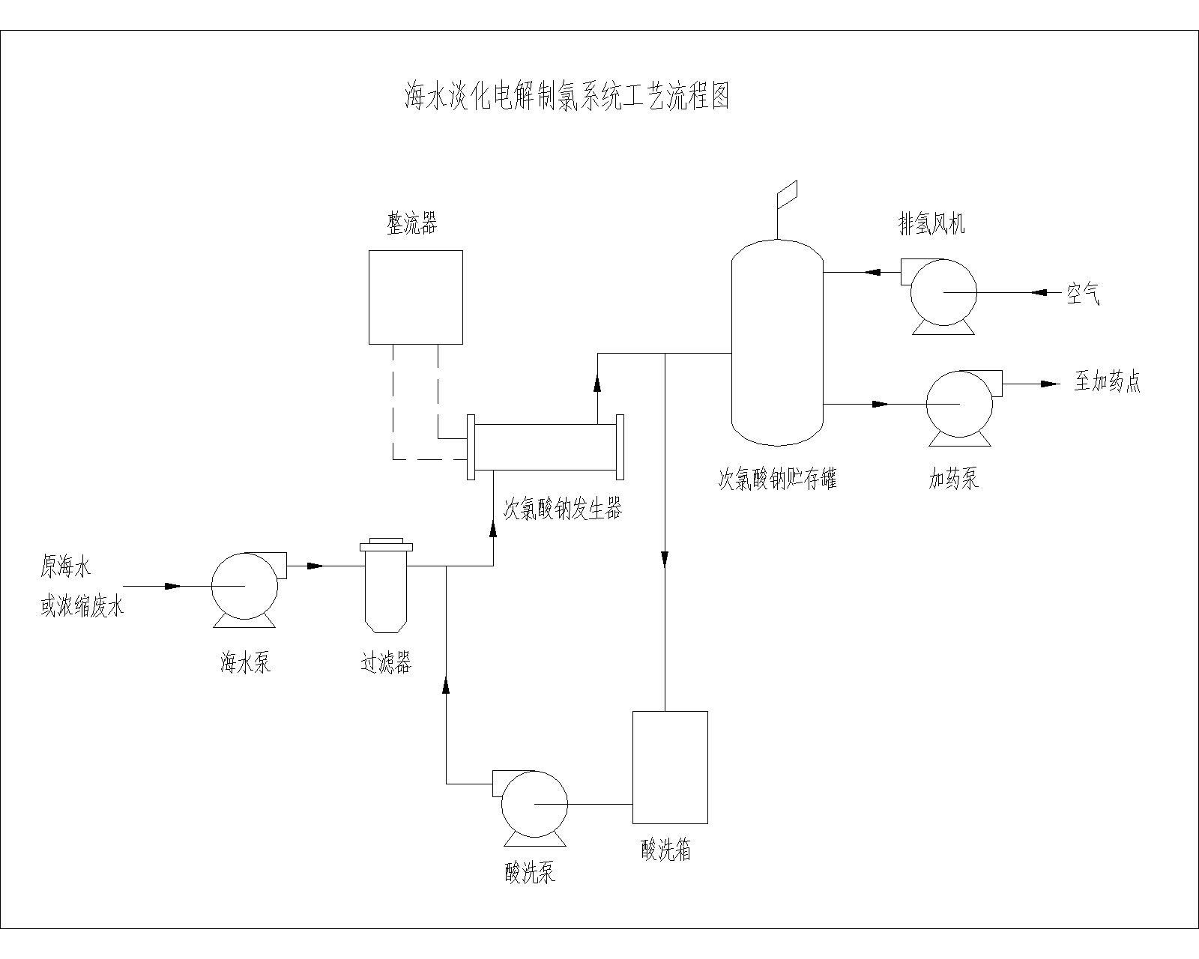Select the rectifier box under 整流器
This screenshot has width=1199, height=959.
pos(415,297)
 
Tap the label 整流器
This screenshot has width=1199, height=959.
pos(411,223)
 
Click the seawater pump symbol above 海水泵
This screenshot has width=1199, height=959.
pos(244,586)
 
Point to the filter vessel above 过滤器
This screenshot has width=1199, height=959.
pos(385,588)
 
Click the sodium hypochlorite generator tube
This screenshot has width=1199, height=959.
pos(546,447)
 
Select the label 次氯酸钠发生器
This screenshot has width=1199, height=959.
pos(562,509)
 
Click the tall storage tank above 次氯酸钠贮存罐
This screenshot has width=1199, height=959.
pos(777,341)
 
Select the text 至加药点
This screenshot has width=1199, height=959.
pos(1107,382)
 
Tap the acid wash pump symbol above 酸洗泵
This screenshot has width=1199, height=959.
pos(533,804)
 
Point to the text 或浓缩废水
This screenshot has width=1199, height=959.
pos(82,606)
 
